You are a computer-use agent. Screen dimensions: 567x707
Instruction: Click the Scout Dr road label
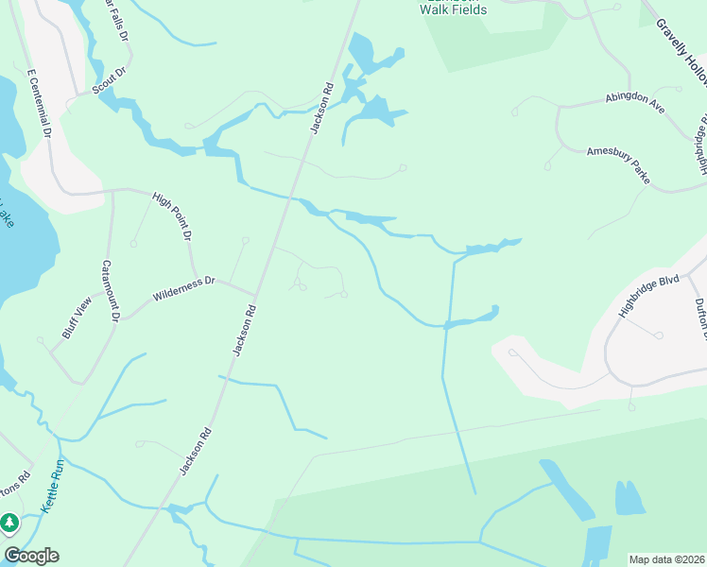[110, 82]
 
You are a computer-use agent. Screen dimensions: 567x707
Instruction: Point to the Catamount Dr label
[110, 291]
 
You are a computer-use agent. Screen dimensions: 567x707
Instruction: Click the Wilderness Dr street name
[185, 287]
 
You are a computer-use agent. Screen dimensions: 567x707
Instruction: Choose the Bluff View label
[77, 316]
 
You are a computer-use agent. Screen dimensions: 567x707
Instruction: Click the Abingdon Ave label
[635, 104]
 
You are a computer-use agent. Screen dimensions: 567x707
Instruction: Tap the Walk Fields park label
[454, 9]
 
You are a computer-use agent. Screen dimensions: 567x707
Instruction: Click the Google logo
[31, 556]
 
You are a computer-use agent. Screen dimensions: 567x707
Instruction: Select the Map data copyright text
[667, 558]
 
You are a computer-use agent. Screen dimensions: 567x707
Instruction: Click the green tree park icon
[9, 522]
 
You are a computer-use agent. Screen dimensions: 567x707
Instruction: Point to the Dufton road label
[700, 318]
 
